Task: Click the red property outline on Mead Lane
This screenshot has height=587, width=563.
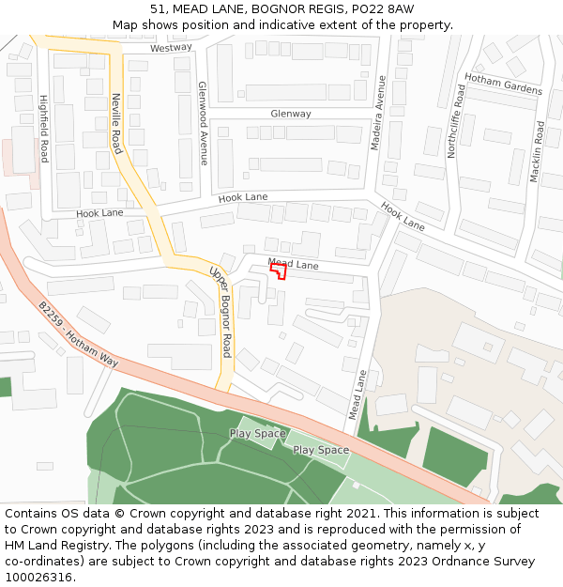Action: pos(279,270)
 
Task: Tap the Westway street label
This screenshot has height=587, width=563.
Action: pos(171,47)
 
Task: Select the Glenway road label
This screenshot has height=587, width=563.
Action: pos(290,114)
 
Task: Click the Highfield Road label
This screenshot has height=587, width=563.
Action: pos(43,129)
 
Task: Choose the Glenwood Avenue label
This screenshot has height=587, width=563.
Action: pos(203,122)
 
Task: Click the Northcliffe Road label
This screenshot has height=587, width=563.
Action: pos(455,120)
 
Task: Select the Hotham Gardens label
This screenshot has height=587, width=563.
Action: pos(503,85)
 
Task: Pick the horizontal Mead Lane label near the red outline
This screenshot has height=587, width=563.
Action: pos(293,265)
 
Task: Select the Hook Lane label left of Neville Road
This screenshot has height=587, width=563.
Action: pos(99,213)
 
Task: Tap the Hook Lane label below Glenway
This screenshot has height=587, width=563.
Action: pos(243,198)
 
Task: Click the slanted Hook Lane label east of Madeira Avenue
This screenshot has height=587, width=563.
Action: pos(403,215)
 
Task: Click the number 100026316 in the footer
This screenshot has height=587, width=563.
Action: pos(40,577)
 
